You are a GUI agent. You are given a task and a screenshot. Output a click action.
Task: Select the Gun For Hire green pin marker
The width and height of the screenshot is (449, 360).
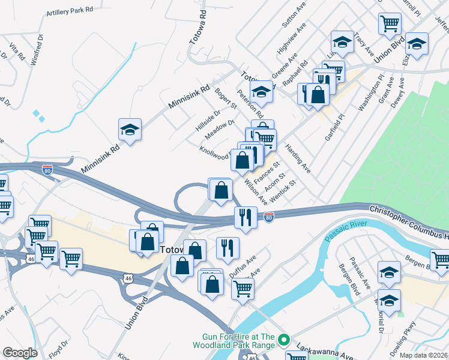click(x=286, y=340)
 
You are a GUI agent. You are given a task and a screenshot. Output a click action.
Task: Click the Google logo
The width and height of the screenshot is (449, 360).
click(x=20, y=353)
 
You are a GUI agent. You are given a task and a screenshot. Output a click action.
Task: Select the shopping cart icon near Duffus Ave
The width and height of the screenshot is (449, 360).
click(x=243, y=289)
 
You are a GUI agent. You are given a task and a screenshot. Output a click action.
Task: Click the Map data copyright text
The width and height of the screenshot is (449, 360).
click(x=424, y=355)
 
